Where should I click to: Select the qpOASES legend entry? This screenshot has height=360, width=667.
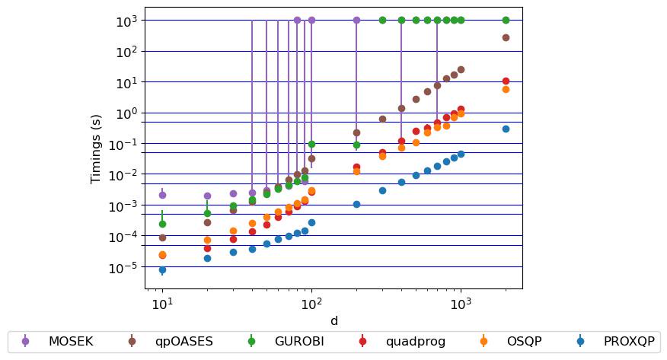click(164, 341)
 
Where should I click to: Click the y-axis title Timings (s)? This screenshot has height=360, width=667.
click(96, 148)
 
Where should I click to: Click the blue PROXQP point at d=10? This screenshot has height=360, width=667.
click(162, 269)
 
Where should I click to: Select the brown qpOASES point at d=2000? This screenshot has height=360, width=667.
click(506, 37)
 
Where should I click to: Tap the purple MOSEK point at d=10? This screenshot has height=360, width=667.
click(162, 195)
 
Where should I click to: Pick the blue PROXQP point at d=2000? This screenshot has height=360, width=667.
click(506, 129)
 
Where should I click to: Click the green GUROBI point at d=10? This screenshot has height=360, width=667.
click(162, 224)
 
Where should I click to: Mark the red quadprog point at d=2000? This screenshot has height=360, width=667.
click(506, 81)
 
